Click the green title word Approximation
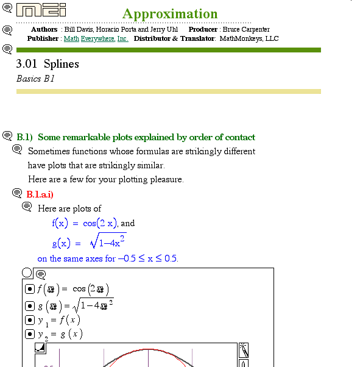(x=169, y=14)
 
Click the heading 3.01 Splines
(x=48, y=64)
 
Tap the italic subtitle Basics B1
(x=36, y=79)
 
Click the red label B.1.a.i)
(x=40, y=194)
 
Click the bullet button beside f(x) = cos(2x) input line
(x=29, y=289)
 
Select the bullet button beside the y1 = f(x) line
(x=29, y=319)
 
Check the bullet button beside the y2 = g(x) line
(x=29, y=334)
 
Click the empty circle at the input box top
(x=27, y=273)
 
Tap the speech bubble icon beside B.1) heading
(x=7, y=136)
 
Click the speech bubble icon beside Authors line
(x=7, y=30)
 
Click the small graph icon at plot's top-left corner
(x=40, y=348)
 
